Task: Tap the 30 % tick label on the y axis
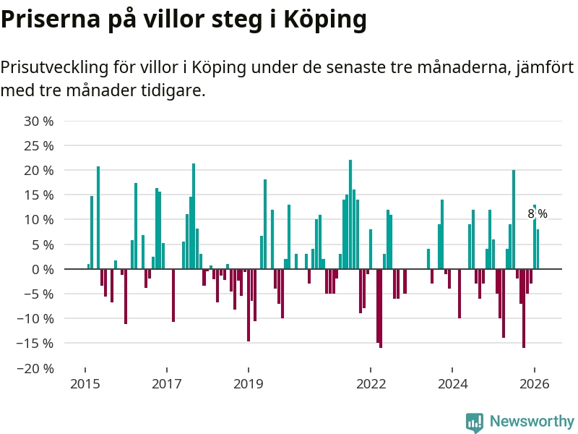pos(39,121)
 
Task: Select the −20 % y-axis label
pos(35,368)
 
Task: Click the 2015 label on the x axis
pos(85,383)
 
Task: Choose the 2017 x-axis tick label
pos(166,383)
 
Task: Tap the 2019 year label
pos(249,383)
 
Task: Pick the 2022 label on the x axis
pos(371,383)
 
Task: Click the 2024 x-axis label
pos(453,383)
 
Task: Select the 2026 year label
pos(535,383)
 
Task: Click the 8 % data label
pos(538,214)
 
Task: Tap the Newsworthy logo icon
pos(475,422)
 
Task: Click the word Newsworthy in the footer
pos(532,422)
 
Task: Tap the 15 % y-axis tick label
pos(39,195)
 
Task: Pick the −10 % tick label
pos(35,318)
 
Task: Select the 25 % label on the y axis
pos(39,145)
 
